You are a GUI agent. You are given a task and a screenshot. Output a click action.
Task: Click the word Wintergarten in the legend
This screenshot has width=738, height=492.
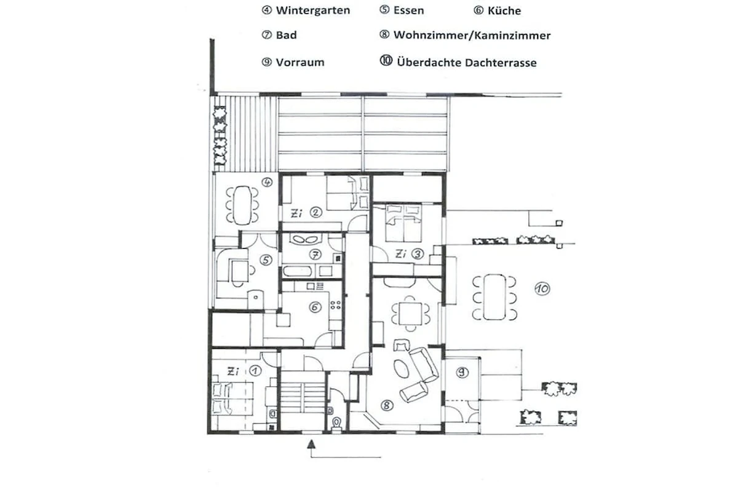click(313, 10)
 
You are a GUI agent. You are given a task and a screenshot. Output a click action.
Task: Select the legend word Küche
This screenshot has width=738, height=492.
click(504, 10)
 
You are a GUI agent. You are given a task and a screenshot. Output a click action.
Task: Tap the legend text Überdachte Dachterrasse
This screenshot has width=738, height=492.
click(467, 63)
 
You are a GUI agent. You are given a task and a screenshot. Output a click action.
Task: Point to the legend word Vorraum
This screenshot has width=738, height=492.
click(300, 62)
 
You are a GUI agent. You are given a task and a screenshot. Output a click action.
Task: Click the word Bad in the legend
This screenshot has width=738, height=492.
click(287, 35)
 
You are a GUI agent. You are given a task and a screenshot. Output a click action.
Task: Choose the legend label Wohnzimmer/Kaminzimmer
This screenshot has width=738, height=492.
click(472, 35)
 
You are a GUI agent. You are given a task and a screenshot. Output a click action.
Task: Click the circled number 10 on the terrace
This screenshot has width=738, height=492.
click(542, 289)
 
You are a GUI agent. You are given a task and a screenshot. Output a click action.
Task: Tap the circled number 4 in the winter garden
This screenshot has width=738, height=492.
click(267, 182)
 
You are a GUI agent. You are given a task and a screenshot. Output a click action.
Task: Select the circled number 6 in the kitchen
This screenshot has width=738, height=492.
click(315, 307)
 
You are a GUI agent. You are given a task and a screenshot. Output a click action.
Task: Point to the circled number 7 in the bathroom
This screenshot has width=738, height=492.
click(315, 254)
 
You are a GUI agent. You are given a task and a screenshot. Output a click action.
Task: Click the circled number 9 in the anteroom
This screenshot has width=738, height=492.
click(462, 372)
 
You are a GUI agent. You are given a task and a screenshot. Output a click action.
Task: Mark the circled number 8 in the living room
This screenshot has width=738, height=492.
click(387, 405)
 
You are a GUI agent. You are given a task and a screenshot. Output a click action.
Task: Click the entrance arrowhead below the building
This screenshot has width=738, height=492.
click(311, 444)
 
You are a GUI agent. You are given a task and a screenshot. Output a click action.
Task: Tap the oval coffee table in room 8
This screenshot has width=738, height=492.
click(402, 369)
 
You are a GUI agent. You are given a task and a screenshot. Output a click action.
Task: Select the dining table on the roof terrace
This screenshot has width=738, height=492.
click(494, 297)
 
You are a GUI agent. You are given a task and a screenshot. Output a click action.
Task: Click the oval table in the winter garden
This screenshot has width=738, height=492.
click(242, 205)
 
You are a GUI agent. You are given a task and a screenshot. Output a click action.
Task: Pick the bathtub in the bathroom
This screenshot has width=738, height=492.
click(297, 271)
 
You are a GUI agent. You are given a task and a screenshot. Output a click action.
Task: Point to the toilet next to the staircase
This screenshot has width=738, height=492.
click(336, 423)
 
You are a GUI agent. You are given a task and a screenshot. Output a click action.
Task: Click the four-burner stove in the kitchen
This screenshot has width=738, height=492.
click(336, 305)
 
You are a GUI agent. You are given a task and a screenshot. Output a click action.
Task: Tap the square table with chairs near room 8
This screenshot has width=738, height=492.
click(410, 314)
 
